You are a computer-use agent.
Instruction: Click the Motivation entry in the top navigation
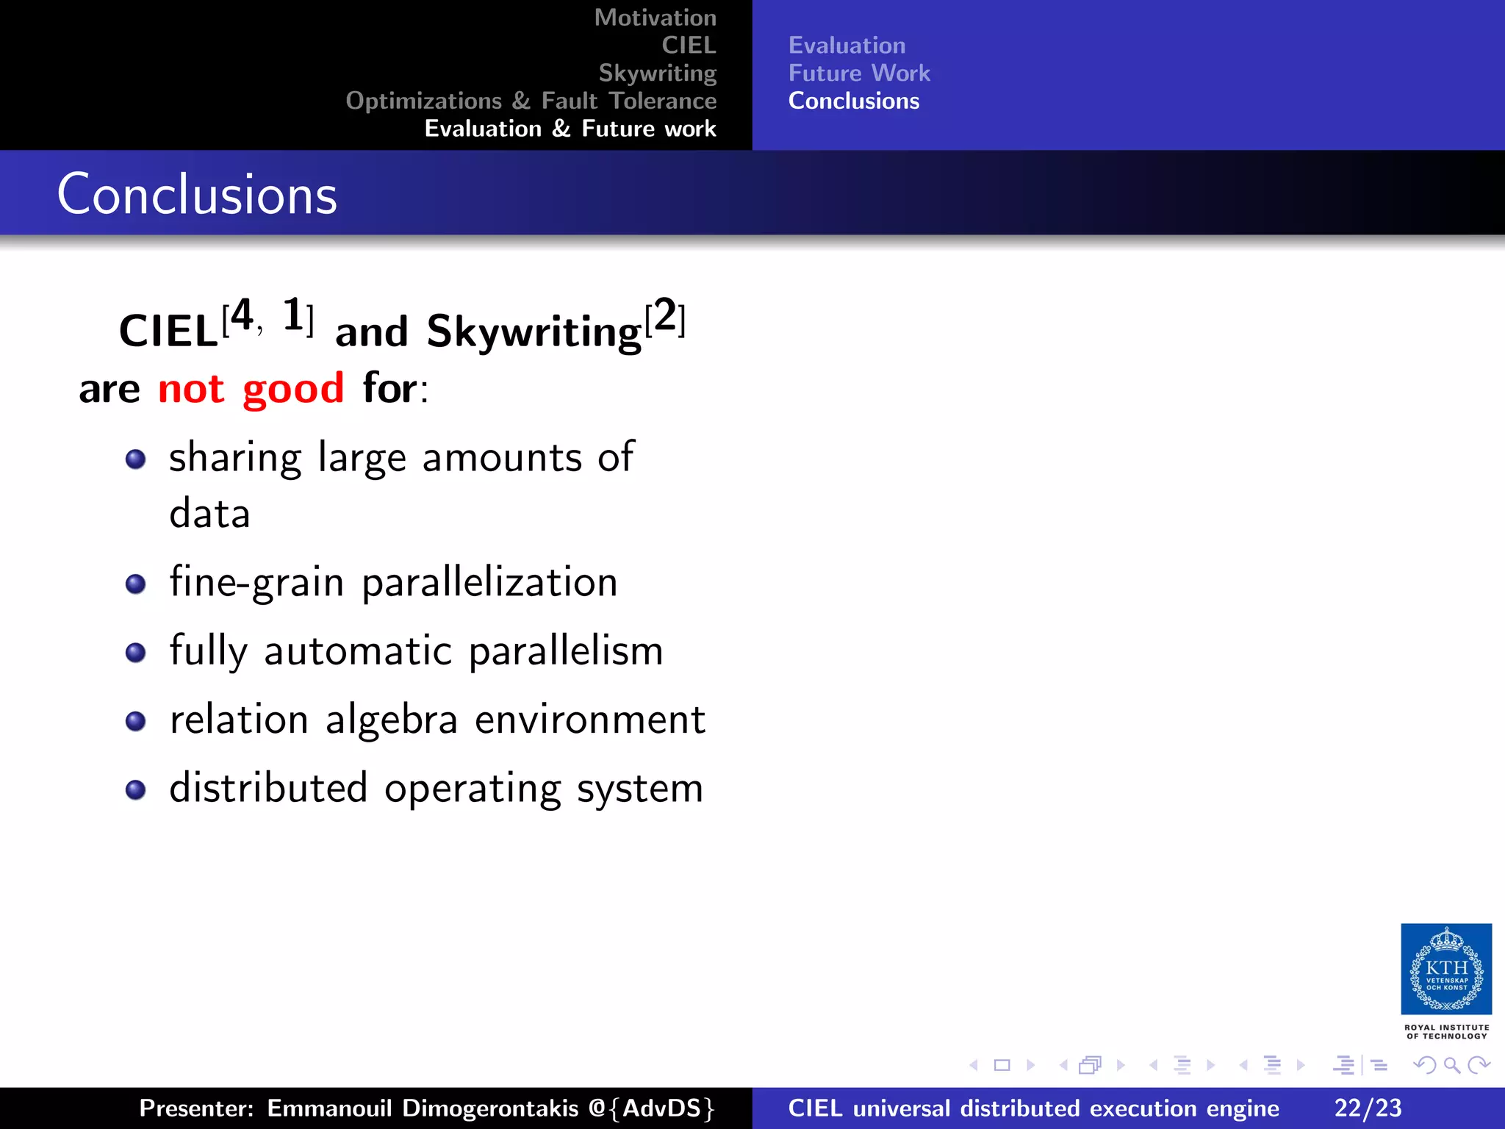(655, 18)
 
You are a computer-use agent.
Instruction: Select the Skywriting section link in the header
(657, 73)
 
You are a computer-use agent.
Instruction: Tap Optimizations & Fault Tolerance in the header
(531, 101)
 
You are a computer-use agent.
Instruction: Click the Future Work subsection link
(858, 73)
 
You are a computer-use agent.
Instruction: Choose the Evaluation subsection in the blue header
(847, 46)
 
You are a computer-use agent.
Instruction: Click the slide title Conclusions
(197, 194)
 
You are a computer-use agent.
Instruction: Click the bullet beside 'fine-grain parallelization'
(135, 584)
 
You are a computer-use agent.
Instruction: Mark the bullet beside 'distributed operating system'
(135, 790)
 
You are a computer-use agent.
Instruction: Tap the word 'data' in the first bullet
(209, 513)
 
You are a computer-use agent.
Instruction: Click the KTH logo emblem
(1445, 969)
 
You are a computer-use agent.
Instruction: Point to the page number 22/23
(1368, 1108)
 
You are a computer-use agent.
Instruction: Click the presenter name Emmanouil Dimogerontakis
(423, 1108)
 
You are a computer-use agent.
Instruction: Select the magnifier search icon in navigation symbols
(1451, 1065)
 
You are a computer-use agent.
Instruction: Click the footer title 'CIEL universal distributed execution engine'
(1033, 1108)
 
